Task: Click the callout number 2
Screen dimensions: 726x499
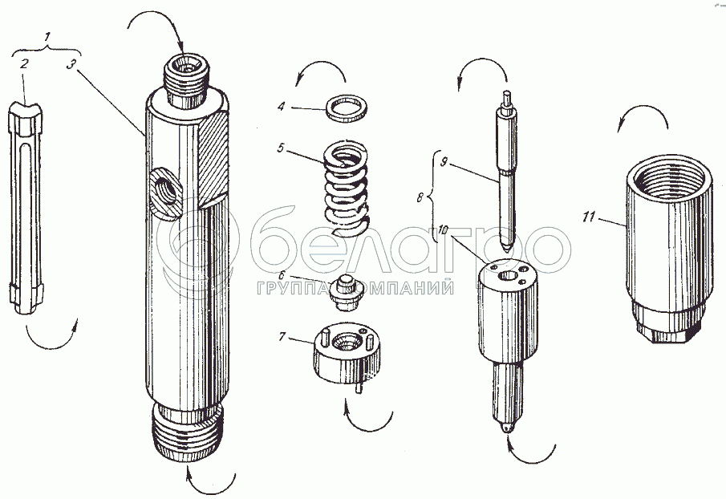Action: (x=23, y=63)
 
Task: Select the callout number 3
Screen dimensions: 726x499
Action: (x=70, y=64)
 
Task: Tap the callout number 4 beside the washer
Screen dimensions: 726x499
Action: (x=281, y=107)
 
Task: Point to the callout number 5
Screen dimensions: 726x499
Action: (x=281, y=148)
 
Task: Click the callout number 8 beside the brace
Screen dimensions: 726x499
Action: (x=420, y=197)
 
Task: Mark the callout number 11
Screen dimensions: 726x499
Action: (x=588, y=217)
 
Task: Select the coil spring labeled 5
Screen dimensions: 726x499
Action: (x=347, y=187)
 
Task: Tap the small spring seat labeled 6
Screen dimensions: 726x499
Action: (x=343, y=293)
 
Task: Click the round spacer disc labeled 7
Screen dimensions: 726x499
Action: (x=347, y=353)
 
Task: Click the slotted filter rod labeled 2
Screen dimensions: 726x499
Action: (x=26, y=208)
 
